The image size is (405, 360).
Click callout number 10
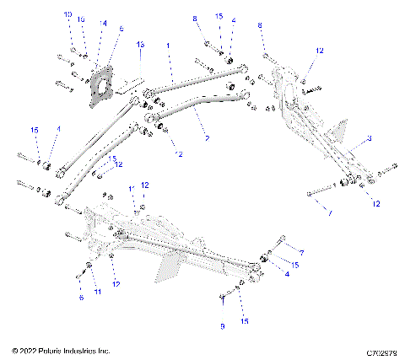(x=68, y=15)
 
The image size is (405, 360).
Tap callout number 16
(x=81, y=19)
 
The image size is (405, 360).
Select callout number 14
(x=103, y=24)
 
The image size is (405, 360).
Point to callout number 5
(x=121, y=29)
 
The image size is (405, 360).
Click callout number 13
(x=141, y=43)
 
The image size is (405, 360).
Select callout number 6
(x=81, y=298)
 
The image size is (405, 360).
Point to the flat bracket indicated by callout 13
(x=127, y=85)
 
